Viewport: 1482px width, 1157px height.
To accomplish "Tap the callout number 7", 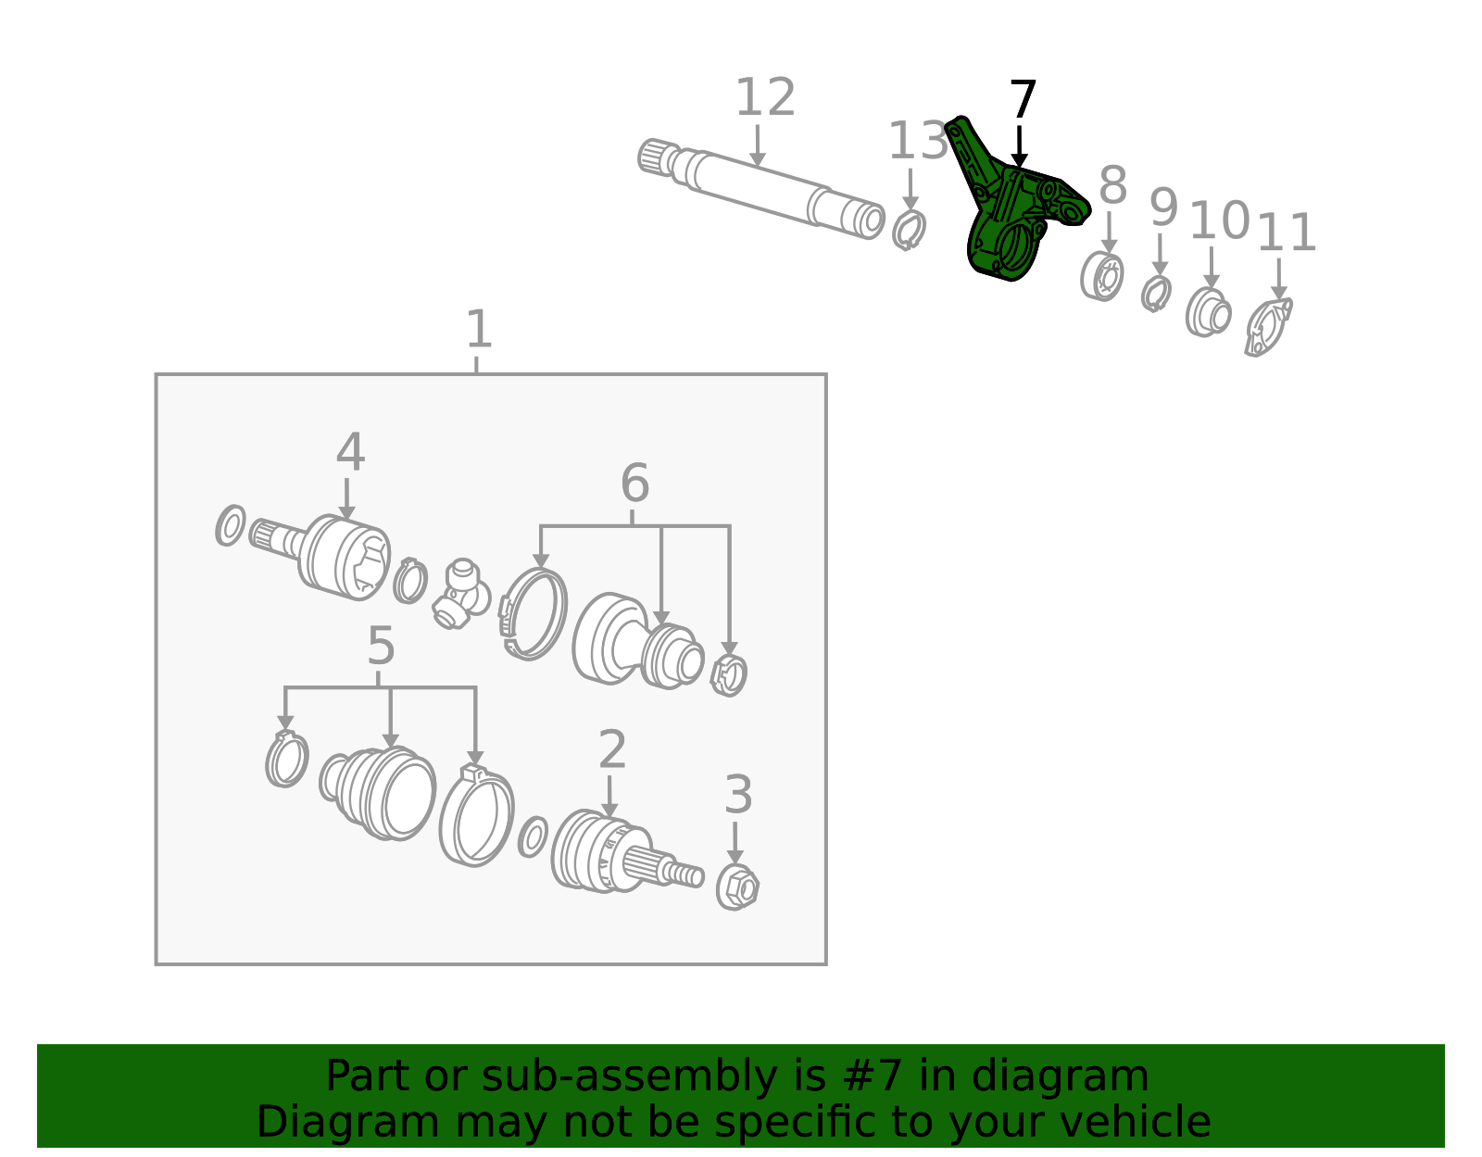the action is point(1023,99).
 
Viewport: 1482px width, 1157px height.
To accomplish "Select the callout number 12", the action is point(764,97).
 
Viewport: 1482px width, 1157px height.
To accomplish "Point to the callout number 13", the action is point(917,141).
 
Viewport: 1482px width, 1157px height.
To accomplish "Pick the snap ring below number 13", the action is point(910,230).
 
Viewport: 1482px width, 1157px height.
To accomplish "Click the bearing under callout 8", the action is point(1102,276).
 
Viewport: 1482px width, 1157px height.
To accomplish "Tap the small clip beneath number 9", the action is point(1157,294).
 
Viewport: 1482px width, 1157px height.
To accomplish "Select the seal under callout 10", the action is point(1208,313).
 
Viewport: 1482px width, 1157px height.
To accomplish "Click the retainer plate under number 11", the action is point(1268,328).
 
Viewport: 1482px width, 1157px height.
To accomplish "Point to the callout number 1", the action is point(478,329).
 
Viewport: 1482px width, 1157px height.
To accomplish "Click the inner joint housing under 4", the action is point(345,558).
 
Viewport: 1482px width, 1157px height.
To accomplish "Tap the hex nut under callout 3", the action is point(737,887).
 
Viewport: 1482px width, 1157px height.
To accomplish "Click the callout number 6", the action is point(634,483).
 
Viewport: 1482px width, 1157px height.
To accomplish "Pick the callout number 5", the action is point(381,646).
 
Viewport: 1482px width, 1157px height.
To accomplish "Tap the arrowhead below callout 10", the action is point(1212,281).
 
